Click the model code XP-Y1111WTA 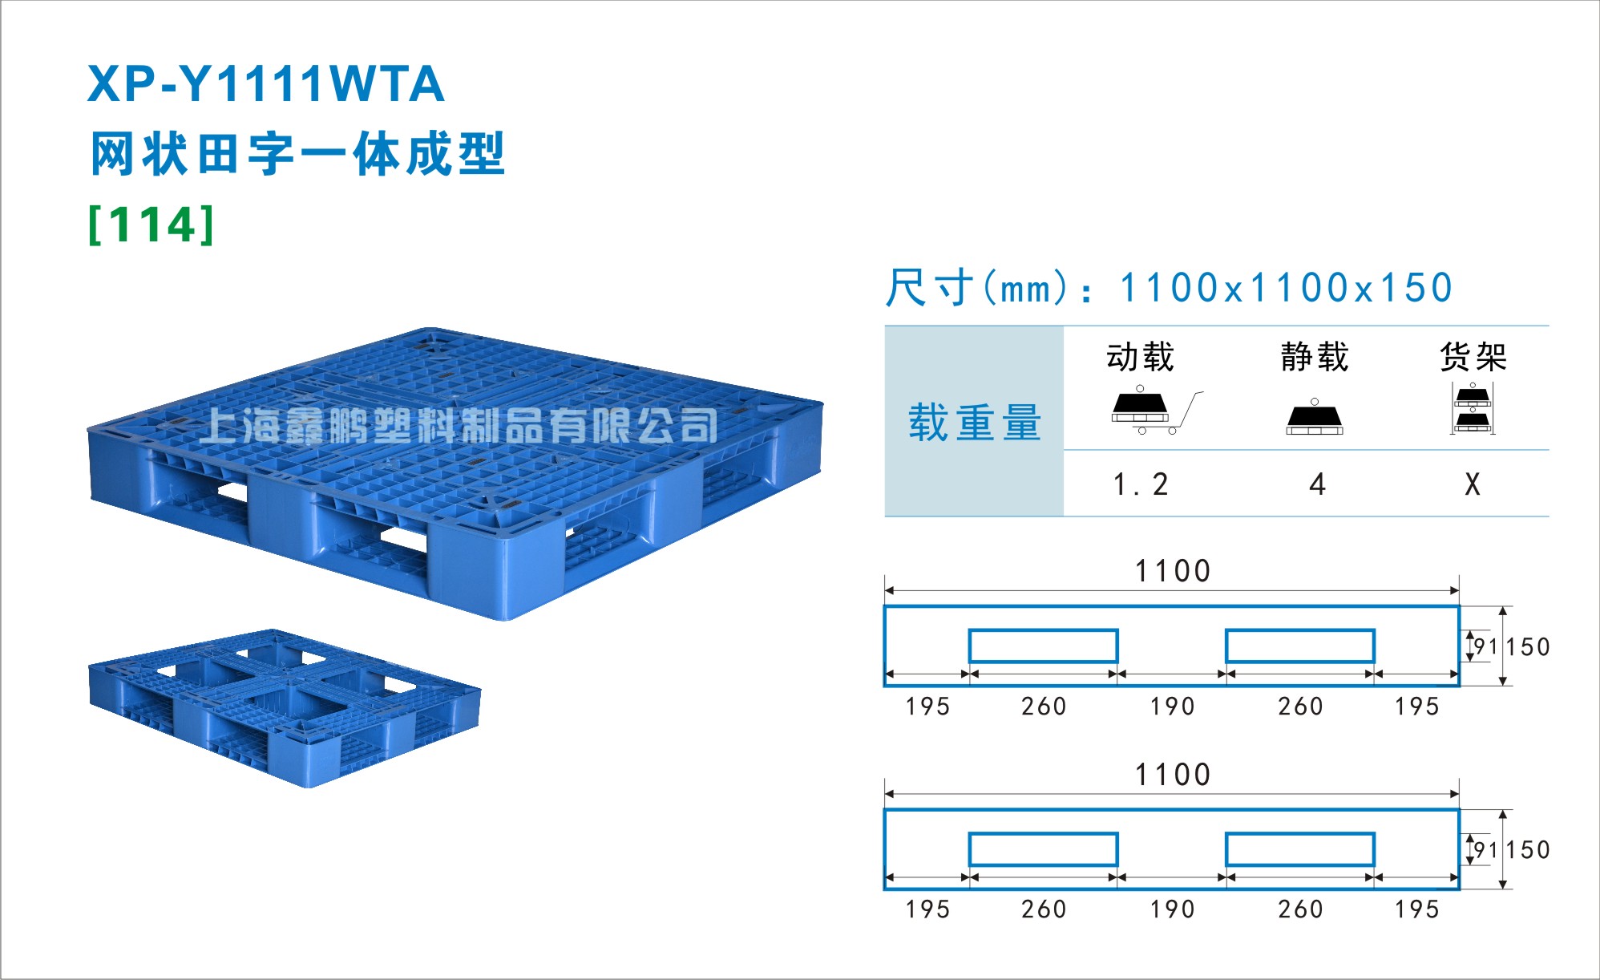pos(265,84)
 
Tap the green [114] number pos(152,225)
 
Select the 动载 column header pos(1140,357)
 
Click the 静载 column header pos(1315,357)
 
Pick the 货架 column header pos(1473,357)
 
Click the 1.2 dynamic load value pos(1141,484)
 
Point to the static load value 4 pos(1317,484)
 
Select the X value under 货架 pos(1473,484)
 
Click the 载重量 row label pos(974,423)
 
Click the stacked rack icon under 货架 pos(1473,408)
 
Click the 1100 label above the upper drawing pos(1172,571)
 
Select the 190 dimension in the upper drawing pos(1172,707)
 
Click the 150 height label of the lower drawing pos(1528,850)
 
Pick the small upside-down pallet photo pos(285,708)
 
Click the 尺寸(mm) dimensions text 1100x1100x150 pos(1286,288)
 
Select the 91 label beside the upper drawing pos(1485,647)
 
